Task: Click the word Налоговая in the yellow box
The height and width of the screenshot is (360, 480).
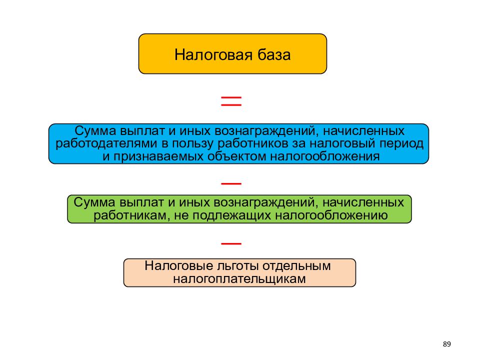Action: click(213, 55)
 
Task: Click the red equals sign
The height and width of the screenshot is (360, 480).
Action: click(231, 101)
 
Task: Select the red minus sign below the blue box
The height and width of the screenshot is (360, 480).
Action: click(231, 183)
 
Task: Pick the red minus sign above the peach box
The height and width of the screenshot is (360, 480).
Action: click(231, 243)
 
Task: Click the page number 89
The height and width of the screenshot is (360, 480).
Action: click(446, 344)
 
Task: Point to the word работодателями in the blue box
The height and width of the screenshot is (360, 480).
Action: click(106, 143)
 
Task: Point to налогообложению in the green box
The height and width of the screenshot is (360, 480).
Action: click(331, 216)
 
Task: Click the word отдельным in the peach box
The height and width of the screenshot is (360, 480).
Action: click(296, 265)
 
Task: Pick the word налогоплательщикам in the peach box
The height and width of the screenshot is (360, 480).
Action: click(239, 279)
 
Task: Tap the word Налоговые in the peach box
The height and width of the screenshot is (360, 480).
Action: click(179, 265)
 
